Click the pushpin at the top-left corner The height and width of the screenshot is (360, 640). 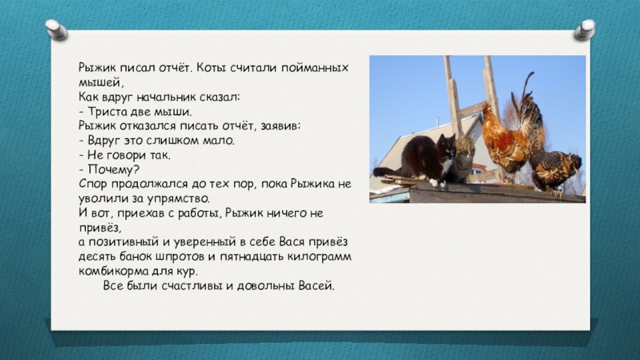[57, 30]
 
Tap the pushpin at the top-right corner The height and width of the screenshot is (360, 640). [585, 30]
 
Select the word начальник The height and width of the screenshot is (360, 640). [166, 97]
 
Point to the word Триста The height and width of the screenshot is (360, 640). [107, 112]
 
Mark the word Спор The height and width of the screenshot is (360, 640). [93, 184]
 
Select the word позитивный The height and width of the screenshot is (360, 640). [124, 242]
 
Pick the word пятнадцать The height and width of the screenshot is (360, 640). [251, 257]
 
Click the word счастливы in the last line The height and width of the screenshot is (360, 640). [192, 286]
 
